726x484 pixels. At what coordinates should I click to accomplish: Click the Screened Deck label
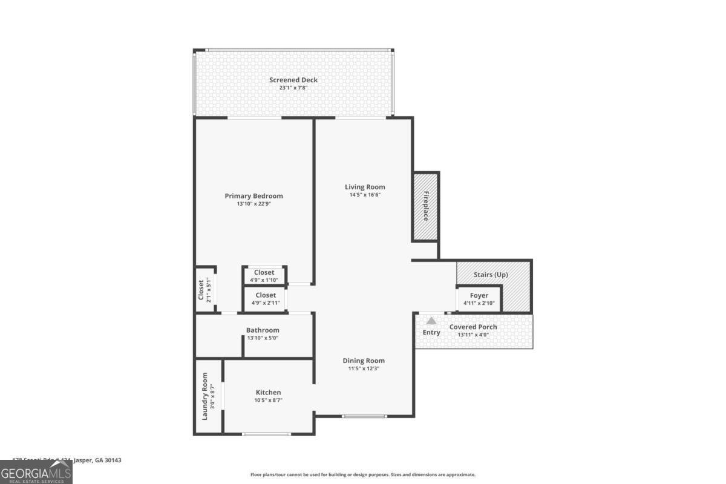tap(293, 80)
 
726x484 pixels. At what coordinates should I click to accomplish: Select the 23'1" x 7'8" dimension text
tap(293, 88)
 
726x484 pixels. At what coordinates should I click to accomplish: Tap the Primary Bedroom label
tap(253, 196)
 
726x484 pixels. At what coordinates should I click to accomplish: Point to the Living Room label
tap(365, 187)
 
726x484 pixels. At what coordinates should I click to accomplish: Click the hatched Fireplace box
tap(426, 206)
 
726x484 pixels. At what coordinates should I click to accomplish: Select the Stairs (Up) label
tap(491, 275)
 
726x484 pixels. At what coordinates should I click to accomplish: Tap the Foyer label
tap(479, 296)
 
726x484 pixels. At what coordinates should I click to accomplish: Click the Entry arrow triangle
tap(431, 321)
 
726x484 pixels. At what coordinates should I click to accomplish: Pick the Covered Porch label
tap(473, 327)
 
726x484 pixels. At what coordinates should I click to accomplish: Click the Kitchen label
tap(268, 393)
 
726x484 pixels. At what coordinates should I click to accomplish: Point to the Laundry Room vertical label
tap(205, 396)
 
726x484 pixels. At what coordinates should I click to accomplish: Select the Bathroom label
tap(263, 330)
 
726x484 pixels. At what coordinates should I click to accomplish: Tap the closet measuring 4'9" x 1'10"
tap(264, 275)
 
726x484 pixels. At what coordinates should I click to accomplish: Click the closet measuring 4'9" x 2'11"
tap(265, 298)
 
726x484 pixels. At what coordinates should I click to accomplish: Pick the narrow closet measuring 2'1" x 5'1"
tap(204, 290)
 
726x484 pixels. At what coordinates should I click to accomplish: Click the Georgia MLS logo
tap(36, 472)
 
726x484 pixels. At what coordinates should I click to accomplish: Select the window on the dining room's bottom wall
tap(364, 416)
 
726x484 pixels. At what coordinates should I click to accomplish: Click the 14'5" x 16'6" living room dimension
tap(365, 195)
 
